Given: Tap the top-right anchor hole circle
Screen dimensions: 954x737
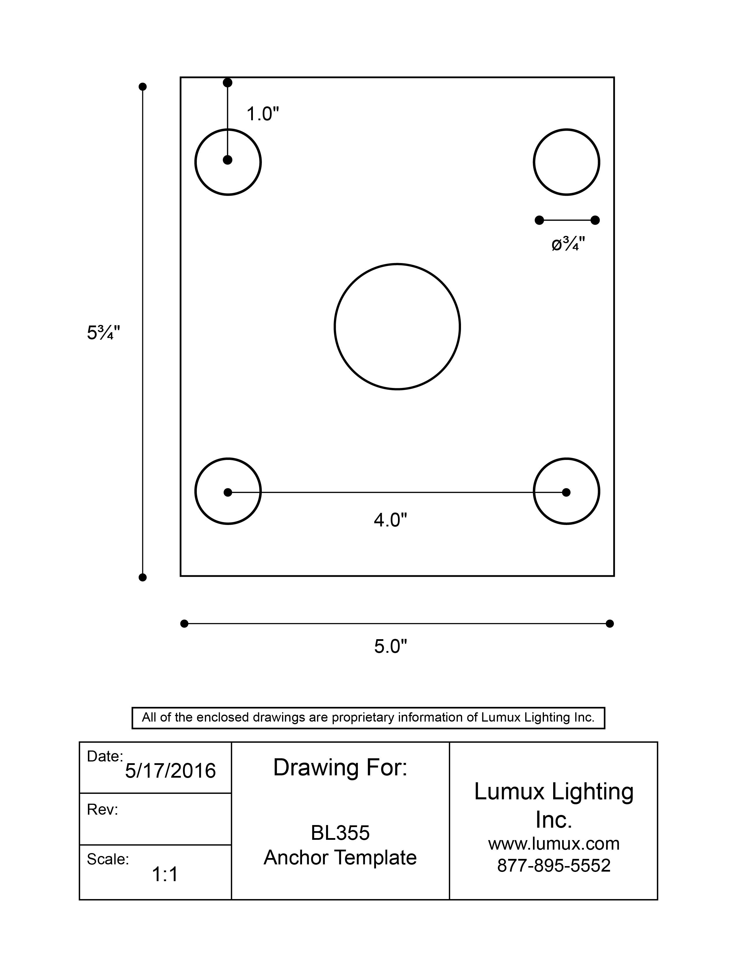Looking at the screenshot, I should pyautogui.click(x=566, y=162).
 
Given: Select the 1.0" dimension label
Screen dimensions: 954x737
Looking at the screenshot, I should pyautogui.click(x=262, y=114).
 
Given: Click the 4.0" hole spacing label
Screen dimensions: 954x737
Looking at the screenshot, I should pyautogui.click(x=390, y=520).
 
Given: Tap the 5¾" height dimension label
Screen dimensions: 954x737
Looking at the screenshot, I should pyautogui.click(x=103, y=333).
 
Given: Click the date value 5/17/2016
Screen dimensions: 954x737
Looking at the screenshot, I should pyautogui.click(x=170, y=771).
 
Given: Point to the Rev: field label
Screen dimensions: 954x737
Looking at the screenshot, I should pyautogui.click(x=103, y=810).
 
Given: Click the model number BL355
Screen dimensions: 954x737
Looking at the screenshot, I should pyautogui.click(x=340, y=833).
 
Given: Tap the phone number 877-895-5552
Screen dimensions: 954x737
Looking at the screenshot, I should pyautogui.click(x=554, y=865).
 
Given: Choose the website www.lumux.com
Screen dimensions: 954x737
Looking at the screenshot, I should pyautogui.click(x=554, y=844).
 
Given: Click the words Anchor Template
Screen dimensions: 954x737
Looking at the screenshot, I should pyautogui.click(x=340, y=857).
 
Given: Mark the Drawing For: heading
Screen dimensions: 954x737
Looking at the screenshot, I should pyautogui.click(x=340, y=768).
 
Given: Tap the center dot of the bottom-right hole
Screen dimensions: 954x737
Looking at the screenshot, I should pyautogui.click(x=566, y=492).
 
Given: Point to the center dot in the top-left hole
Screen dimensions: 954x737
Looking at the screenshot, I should pyautogui.click(x=227, y=160).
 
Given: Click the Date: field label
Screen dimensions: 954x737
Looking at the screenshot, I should pyautogui.click(x=105, y=756).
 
